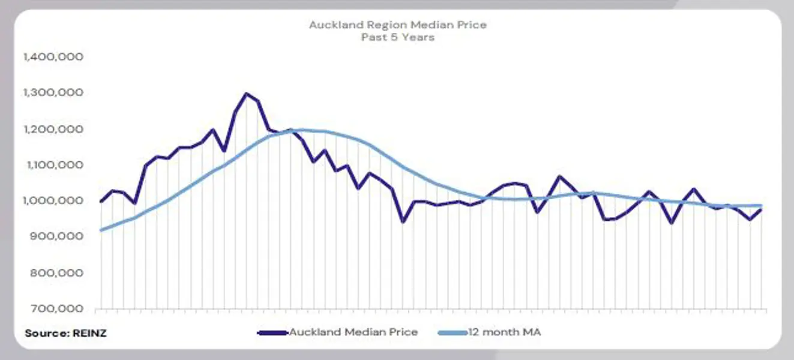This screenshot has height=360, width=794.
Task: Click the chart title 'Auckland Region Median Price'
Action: tap(397, 25)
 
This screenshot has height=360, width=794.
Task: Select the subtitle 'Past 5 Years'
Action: tap(397, 37)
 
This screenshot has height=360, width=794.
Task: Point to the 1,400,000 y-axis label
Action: tap(52, 57)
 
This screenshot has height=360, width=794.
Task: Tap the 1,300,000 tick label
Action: tap(52, 93)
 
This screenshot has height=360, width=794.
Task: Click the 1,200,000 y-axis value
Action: tap(52, 129)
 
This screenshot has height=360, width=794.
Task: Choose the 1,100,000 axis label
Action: tap(52, 165)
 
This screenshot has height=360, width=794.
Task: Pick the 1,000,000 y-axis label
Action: tap(52, 201)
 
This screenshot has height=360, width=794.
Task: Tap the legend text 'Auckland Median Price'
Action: tap(353, 332)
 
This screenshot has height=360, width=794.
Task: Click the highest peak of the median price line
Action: tap(246, 94)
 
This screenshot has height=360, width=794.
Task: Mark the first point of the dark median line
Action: tap(101, 202)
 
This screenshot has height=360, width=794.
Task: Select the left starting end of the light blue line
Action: tap(101, 230)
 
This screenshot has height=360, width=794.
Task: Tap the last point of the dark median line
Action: tap(762, 209)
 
